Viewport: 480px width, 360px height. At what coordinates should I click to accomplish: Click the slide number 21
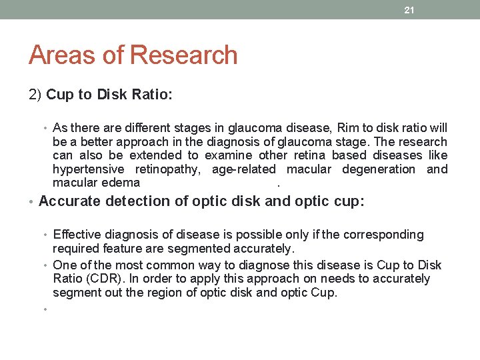409,10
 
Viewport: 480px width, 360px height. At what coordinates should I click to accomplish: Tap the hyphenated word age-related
243,169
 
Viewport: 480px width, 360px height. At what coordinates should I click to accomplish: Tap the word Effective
79,235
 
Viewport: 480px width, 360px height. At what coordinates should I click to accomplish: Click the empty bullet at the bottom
45,309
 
